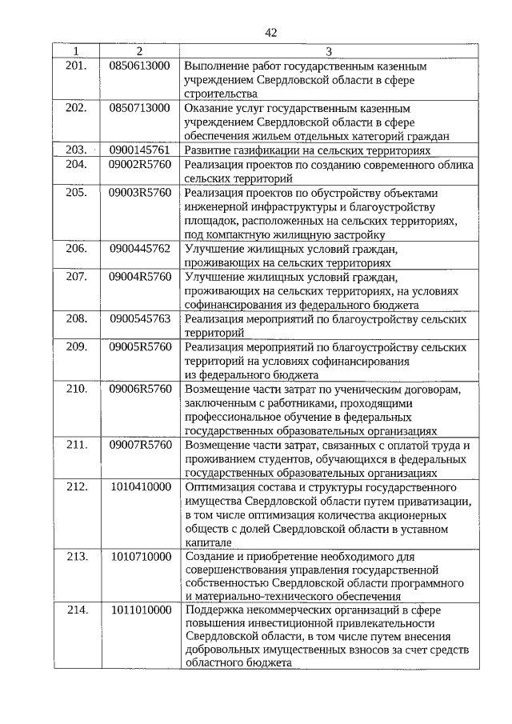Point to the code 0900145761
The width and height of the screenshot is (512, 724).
click(x=140, y=150)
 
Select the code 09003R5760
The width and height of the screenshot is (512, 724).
click(x=140, y=193)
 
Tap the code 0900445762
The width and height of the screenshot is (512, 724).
click(x=140, y=249)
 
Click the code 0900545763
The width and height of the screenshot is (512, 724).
click(x=140, y=318)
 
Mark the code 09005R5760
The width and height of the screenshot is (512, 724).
click(x=140, y=346)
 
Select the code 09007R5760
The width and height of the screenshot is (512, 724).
click(x=140, y=445)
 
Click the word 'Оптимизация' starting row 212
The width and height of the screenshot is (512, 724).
click(x=217, y=486)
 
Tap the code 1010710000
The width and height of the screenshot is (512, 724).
click(x=140, y=556)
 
